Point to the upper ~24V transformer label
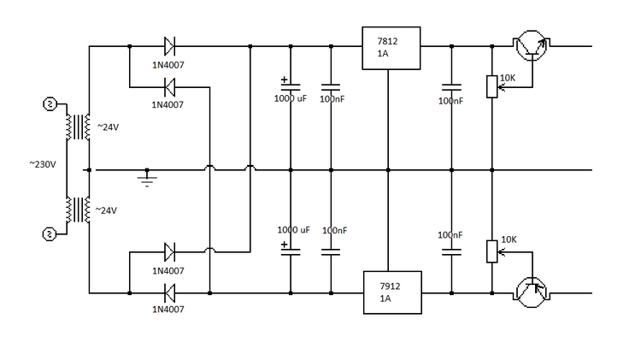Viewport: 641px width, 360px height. coord(108,127)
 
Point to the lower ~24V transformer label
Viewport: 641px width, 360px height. coord(108,210)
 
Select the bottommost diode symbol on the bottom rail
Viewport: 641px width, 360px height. coord(168,292)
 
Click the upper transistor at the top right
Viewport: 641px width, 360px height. coord(530,47)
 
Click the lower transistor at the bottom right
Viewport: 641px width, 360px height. coord(532,292)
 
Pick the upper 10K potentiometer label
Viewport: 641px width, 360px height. coord(508,78)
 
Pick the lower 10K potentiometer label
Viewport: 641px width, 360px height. coord(509,239)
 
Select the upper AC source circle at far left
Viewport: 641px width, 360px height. coord(50,104)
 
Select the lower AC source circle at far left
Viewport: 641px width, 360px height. coord(50,233)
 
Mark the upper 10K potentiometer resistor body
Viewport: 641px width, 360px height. coord(491,86)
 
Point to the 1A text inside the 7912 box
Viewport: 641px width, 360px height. coord(385,299)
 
